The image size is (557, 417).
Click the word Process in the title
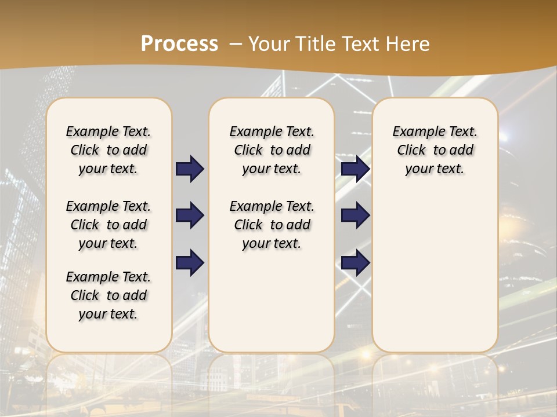click(179, 44)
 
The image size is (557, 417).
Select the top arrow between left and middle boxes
click(190, 169)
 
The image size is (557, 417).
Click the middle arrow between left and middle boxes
click(190, 215)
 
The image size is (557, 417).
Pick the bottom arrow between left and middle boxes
click(190, 263)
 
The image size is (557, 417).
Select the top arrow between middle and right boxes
click(356, 169)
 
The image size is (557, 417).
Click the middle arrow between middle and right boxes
click(356, 215)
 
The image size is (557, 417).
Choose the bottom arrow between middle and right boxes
click(356, 263)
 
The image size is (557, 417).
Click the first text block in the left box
click(108, 150)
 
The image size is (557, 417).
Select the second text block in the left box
click(108, 225)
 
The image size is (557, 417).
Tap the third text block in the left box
click(108, 295)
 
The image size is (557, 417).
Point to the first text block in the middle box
click(272, 150)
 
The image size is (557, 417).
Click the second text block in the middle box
click(272, 225)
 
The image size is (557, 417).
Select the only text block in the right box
click(435, 150)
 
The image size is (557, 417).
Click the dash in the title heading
click(236, 44)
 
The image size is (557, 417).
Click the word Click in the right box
click(411, 151)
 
